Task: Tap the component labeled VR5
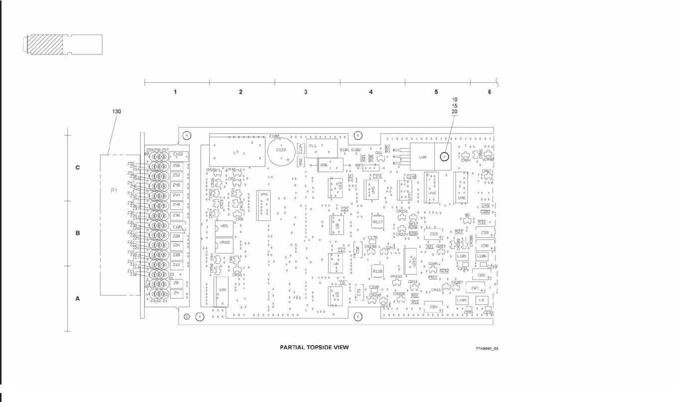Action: [224, 228]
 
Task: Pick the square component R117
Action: [378, 221]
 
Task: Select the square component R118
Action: [378, 271]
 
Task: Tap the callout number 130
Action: [116, 111]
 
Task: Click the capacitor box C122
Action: [178, 155]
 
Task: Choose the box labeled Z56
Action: [176, 165]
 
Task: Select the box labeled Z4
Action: [176, 293]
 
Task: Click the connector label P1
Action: [114, 190]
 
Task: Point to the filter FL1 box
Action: [315, 146]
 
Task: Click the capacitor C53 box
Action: [434, 234]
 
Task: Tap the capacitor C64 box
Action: [434, 307]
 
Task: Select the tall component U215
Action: [410, 260]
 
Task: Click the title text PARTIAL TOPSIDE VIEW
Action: [314, 347]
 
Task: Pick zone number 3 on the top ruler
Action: [306, 92]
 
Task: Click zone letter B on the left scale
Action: [77, 233]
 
